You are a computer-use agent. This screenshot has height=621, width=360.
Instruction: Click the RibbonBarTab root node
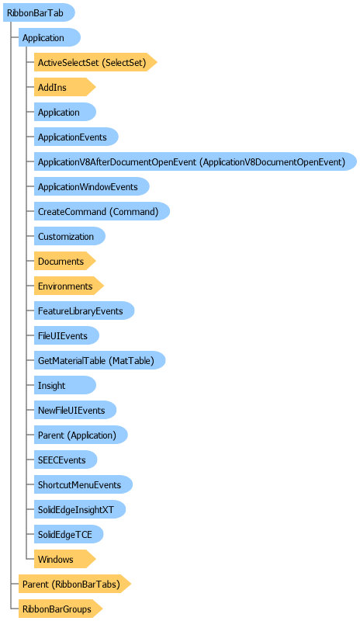[39, 12]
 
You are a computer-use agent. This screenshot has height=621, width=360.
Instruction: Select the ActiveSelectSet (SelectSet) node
[95, 62]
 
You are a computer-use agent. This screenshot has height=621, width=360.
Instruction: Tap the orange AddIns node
[65, 87]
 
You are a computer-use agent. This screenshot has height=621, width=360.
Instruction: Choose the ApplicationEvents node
[76, 137]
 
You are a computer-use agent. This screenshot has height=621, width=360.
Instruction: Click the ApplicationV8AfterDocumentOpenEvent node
[196, 161]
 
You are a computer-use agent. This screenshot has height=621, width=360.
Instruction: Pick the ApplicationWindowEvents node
[92, 186]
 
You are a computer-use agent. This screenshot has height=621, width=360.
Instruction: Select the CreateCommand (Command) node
[102, 211]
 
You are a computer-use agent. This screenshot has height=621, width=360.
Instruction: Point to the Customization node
[70, 237]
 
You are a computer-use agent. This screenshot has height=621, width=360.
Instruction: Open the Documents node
[65, 262]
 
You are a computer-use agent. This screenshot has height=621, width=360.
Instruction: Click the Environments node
[69, 286]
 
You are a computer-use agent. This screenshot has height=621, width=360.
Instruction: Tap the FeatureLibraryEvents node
[85, 311]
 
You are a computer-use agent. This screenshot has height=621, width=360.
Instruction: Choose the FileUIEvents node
[67, 336]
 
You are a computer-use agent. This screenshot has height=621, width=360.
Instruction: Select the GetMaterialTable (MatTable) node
[99, 360]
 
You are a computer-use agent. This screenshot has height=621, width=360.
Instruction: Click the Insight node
[65, 385]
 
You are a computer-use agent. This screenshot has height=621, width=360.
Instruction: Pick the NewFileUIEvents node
[75, 411]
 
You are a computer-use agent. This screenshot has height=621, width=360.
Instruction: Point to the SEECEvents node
[65, 460]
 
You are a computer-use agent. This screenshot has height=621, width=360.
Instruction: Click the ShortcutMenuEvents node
[83, 484]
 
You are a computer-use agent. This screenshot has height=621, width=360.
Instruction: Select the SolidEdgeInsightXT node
[80, 510]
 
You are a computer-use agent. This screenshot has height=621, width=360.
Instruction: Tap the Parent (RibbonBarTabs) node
[74, 585]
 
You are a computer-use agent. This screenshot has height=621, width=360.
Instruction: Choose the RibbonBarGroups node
[61, 609]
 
